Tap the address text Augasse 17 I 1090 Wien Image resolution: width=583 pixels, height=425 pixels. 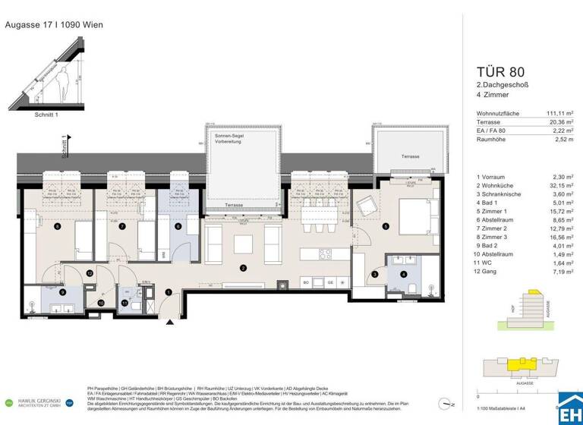(54, 24)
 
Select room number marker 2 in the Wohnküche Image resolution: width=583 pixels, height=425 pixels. (242, 268)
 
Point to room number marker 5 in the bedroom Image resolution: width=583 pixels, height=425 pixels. (386, 226)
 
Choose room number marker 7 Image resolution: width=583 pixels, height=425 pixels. (122, 226)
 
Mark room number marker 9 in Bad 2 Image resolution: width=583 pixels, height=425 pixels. (62, 291)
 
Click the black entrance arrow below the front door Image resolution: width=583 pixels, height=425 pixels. (171, 323)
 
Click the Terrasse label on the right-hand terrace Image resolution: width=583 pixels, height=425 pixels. (411, 156)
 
